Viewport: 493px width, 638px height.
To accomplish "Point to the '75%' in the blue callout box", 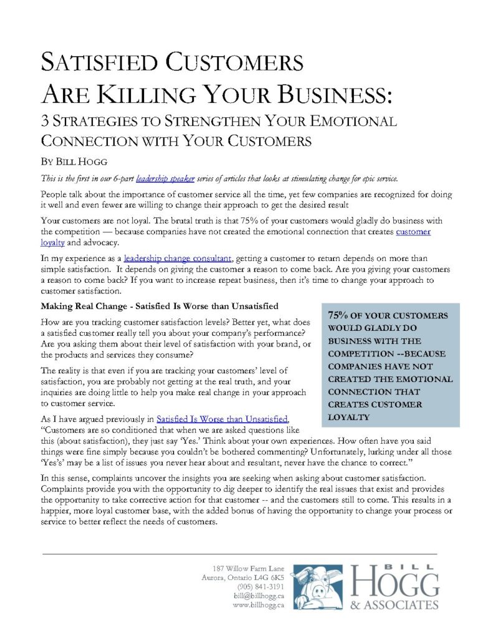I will click(x=340, y=315).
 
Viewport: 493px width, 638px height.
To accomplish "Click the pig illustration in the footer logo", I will click(x=318, y=585).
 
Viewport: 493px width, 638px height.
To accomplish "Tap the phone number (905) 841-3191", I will click(x=261, y=587).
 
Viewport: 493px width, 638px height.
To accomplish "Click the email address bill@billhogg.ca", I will click(x=259, y=596).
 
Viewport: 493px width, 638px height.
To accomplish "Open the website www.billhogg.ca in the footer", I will click(x=258, y=604).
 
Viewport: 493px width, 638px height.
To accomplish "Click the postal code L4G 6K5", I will click(x=270, y=578).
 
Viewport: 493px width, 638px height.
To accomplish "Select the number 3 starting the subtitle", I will click(x=44, y=121).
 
